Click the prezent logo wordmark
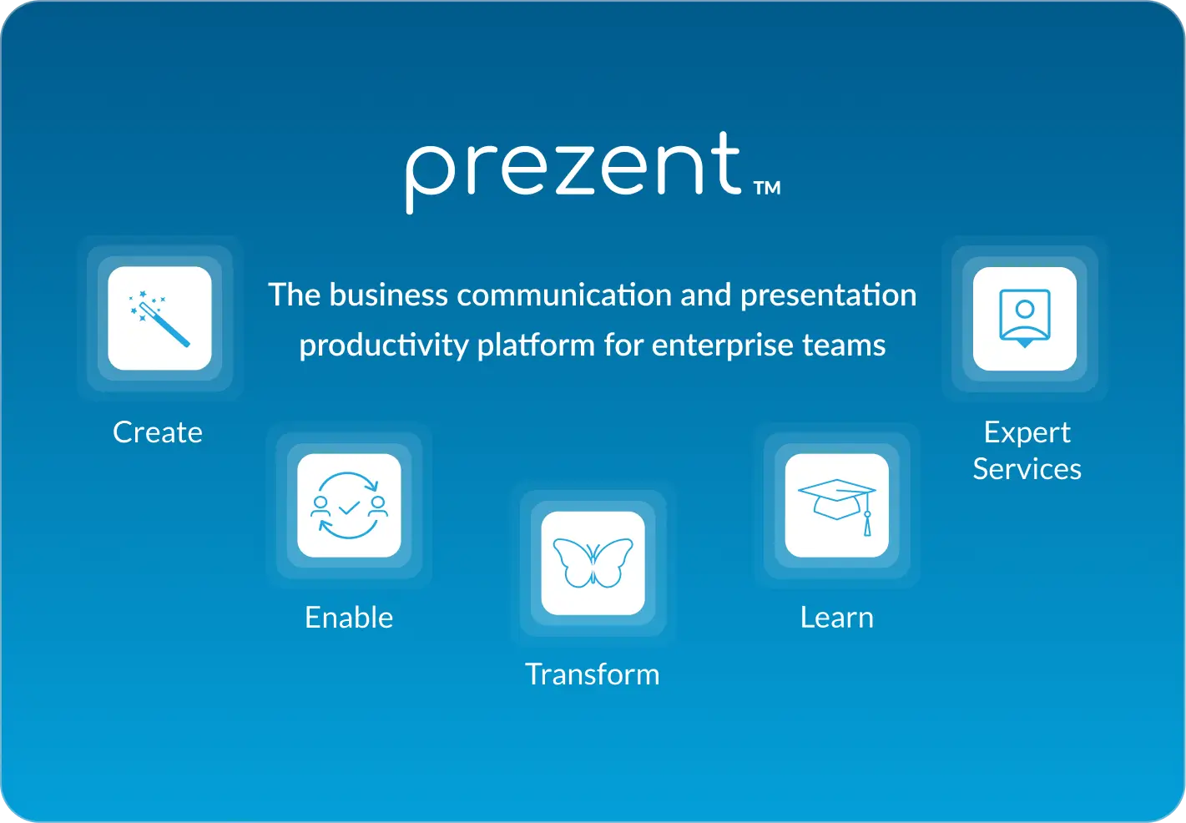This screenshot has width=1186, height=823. point(574,172)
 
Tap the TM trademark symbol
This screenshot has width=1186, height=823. point(767,188)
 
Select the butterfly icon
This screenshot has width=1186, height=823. point(593,563)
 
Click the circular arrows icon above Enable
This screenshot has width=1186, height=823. point(349,506)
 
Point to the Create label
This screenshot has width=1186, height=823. point(158,432)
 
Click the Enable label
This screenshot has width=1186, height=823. point(349,618)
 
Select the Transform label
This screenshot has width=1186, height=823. point(593,674)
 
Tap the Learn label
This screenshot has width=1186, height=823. point(836,618)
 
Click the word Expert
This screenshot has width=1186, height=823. point(1027,433)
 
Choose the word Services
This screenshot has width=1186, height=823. point(1027,469)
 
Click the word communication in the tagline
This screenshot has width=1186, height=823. point(564,295)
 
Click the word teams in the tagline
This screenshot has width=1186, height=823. point(844,346)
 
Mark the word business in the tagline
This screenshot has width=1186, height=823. point(389,295)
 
